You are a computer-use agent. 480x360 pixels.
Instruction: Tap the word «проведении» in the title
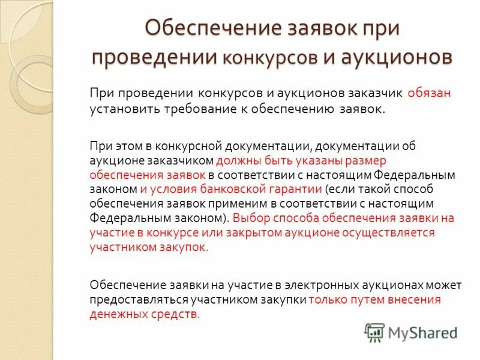click(x=154, y=56)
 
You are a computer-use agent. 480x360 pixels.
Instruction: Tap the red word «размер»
click(x=367, y=161)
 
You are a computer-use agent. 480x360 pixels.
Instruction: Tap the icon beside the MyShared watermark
click(x=374, y=332)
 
